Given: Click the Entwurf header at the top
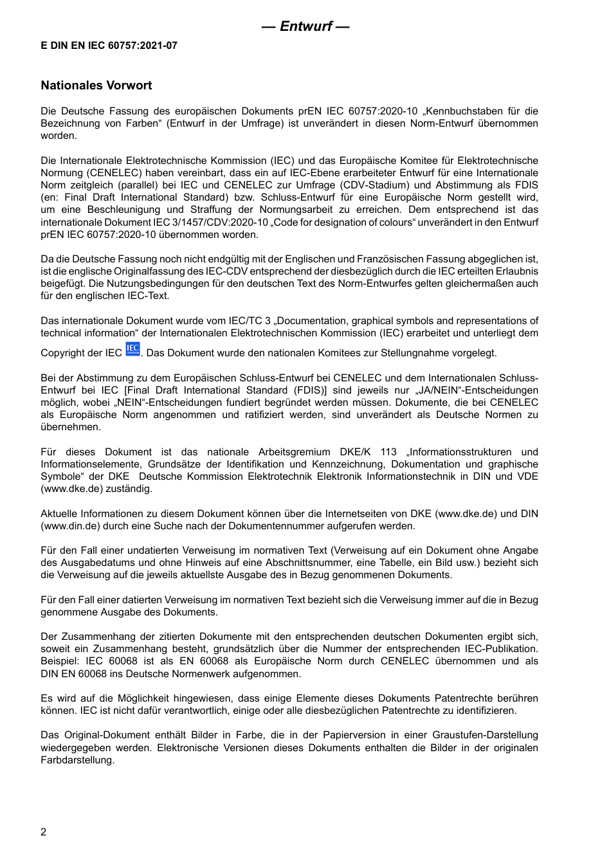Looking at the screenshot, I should [305, 26].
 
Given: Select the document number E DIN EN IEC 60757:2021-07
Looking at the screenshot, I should [109, 46].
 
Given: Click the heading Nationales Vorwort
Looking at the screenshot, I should [96, 86].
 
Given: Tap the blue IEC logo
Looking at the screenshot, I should [132, 349].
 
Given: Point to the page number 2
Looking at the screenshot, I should [44, 832].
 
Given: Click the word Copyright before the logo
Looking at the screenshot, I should [61, 353].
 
